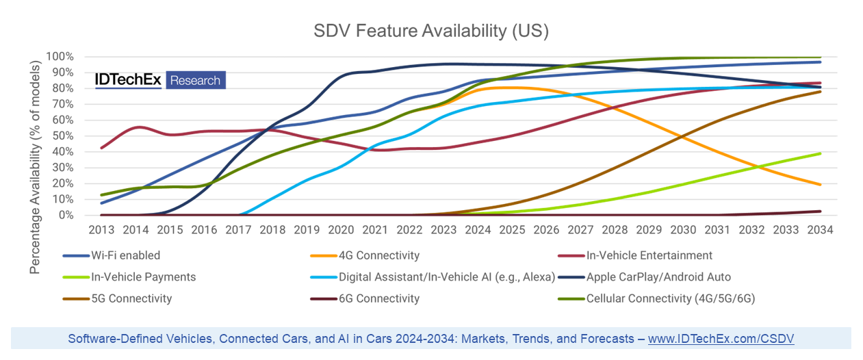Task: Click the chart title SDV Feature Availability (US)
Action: [x=431, y=31]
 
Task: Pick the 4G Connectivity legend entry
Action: [x=380, y=255]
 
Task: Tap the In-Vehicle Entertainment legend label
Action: [x=649, y=255]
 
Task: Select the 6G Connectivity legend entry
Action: [x=380, y=298]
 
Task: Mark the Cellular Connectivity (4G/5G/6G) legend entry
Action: [x=670, y=298]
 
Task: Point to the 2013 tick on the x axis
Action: [x=101, y=230]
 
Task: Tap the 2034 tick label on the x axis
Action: [x=820, y=230]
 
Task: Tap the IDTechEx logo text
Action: [x=128, y=80]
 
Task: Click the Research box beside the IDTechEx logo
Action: [x=195, y=80]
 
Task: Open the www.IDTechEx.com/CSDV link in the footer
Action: [x=721, y=339]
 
